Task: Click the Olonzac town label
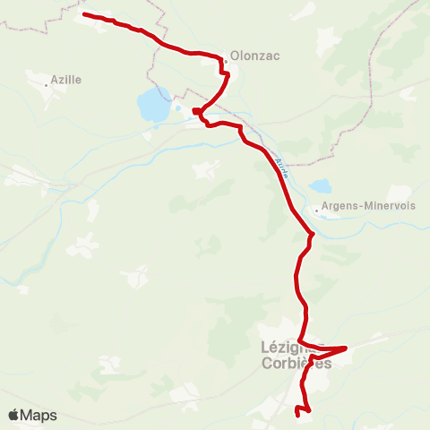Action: [255, 56]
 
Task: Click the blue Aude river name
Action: [282, 168]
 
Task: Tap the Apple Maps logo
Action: [32, 415]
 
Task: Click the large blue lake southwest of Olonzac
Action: [152, 107]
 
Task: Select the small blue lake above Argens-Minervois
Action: [319, 187]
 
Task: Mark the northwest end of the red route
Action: [84, 15]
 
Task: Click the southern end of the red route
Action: [297, 413]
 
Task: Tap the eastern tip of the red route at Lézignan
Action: [346, 348]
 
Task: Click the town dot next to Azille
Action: [47, 85]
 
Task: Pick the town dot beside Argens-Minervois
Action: [316, 211]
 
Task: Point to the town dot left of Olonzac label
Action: [226, 61]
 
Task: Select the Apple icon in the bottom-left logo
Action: [13, 415]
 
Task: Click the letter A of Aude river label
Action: [278, 161]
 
